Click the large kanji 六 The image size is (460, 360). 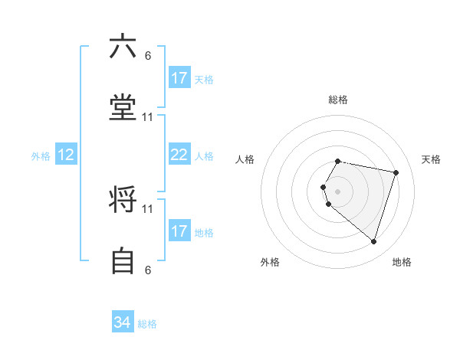pyautogui.click(x=123, y=47)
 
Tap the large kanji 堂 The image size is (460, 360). pyautogui.click(x=123, y=109)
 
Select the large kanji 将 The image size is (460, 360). pyautogui.click(x=123, y=201)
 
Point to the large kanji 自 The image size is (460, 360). pyautogui.click(x=123, y=262)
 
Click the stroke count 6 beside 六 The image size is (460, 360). pyautogui.click(x=148, y=56)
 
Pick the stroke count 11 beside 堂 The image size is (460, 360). pyautogui.click(x=148, y=117)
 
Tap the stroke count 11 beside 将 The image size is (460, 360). pyautogui.click(x=148, y=208)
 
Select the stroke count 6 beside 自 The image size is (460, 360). pyautogui.click(x=148, y=270)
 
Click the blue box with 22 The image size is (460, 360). pyautogui.click(x=179, y=155)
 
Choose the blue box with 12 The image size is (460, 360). pyautogui.click(x=66, y=155)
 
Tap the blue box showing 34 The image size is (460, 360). pyautogui.click(x=123, y=322)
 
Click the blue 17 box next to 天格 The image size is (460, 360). pyautogui.click(x=179, y=78)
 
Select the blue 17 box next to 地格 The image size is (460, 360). pyautogui.click(x=179, y=231)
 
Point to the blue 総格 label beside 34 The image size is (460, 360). pyautogui.click(x=147, y=324)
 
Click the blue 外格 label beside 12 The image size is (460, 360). pyautogui.click(x=41, y=156)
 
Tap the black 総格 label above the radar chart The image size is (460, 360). pyautogui.click(x=337, y=100)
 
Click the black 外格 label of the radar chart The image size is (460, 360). pyautogui.click(x=270, y=262)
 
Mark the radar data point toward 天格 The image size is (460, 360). pyautogui.click(x=396, y=172)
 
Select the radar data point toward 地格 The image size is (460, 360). pyautogui.click(x=373, y=241)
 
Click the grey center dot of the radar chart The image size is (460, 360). pyautogui.click(x=337, y=191)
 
